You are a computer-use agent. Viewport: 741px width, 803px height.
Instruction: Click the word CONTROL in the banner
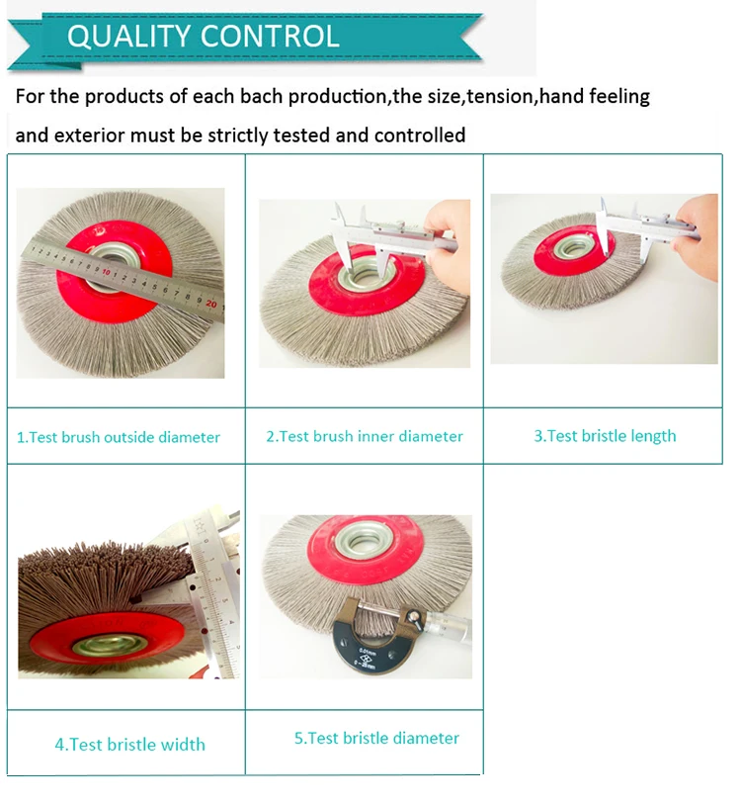[270, 37]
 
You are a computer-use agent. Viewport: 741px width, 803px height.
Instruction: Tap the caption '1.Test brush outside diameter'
[119, 437]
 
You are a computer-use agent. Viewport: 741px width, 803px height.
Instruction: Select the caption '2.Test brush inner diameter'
[365, 436]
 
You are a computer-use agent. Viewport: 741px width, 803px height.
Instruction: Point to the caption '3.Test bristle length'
[605, 436]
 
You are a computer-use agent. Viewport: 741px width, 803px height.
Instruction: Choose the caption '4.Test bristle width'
[130, 744]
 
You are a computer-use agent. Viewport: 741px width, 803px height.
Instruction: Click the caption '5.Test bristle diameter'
[376, 738]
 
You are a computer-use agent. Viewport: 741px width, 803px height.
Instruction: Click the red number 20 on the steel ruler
[211, 304]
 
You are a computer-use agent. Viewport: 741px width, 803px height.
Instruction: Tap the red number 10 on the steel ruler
[107, 271]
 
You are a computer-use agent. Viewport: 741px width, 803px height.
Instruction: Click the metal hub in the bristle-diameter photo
[364, 539]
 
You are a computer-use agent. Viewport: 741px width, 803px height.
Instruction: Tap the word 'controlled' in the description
[420, 135]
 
